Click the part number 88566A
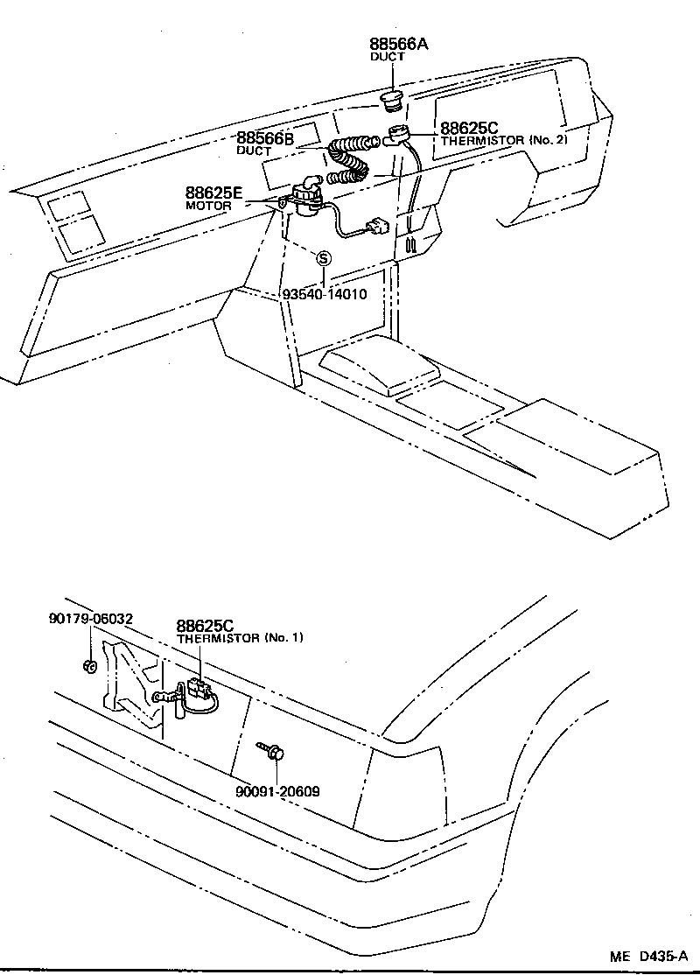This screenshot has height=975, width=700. (x=399, y=44)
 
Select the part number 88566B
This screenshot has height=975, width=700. (x=264, y=138)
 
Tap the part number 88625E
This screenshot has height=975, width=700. (x=214, y=193)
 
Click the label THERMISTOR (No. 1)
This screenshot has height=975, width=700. (x=240, y=638)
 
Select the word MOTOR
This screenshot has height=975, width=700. (x=208, y=206)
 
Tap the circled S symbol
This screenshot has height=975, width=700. (x=323, y=258)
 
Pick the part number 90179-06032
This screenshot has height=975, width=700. (x=90, y=619)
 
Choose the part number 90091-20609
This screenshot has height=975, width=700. (x=277, y=791)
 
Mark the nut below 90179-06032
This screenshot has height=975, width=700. (x=89, y=666)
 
